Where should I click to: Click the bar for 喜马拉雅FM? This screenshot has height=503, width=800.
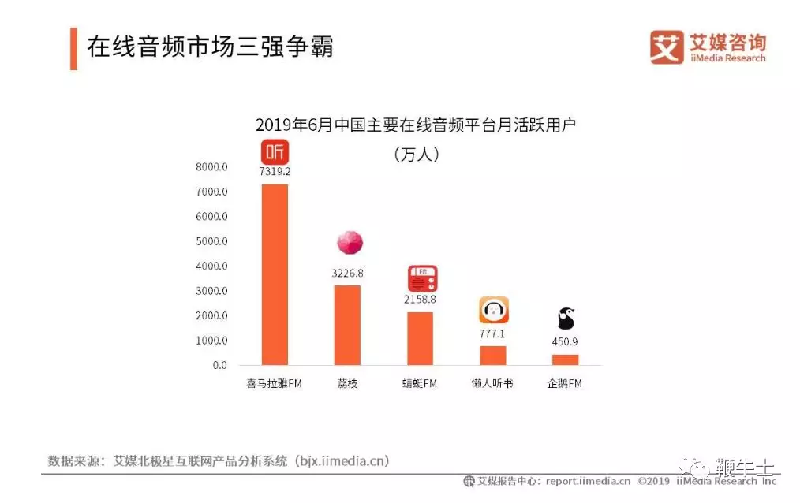(x=275, y=274)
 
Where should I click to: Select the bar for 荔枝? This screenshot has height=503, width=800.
(x=347, y=325)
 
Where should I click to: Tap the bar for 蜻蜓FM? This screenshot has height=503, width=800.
(x=420, y=338)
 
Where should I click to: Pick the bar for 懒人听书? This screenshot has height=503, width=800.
(x=493, y=356)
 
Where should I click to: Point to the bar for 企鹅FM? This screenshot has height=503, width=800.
(x=566, y=360)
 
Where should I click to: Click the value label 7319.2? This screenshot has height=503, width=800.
(x=275, y=171)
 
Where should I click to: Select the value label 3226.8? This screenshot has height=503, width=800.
(x=347, y=273)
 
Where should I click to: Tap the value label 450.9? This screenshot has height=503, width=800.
(x=565, y=341)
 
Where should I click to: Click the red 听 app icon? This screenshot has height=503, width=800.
(x=275, y=151)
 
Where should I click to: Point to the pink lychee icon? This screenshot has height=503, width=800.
(x=350, y=242)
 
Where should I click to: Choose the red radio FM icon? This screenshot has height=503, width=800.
(x=422, y=278)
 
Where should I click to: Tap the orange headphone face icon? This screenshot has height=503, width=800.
(x=494, y=310)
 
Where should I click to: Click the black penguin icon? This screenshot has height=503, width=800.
(x=566, y=319)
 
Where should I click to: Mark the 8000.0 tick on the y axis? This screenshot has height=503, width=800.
(x=211, y=166)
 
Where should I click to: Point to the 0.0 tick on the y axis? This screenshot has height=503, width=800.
(x=220, y=365)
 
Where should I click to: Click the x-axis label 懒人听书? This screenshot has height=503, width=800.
(x=492, y=383)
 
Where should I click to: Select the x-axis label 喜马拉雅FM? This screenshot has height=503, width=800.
(x=274, y=383)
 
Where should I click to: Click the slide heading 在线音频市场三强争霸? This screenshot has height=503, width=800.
(x=210, y=47)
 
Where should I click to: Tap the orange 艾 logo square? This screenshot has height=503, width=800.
(x=667, y=47)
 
